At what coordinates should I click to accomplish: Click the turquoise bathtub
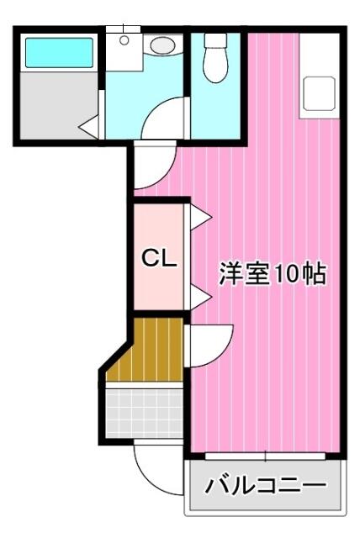59,52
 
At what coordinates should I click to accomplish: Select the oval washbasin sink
162,45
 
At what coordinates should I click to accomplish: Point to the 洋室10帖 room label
273,273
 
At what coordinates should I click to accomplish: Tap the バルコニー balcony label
265,485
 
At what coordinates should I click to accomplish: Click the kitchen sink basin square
319,93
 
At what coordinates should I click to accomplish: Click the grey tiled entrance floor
144,413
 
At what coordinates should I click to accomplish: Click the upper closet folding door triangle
200,217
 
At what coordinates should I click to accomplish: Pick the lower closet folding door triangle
200,297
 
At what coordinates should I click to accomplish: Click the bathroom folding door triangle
89,127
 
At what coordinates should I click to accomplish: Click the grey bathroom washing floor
59,105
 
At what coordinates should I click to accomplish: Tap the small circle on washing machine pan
124,40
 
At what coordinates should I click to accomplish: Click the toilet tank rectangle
215,40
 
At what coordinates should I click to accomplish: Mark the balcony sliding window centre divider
266,456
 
